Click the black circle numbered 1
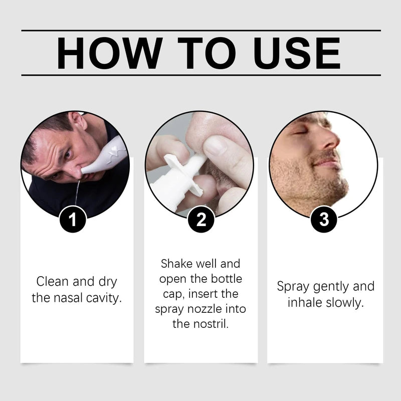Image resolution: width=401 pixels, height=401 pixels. pos(74,220)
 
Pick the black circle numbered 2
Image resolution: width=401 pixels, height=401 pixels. pos(201,220)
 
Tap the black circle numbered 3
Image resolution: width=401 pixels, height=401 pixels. pos(323,220)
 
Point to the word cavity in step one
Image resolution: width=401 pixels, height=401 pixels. pos(103,298)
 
